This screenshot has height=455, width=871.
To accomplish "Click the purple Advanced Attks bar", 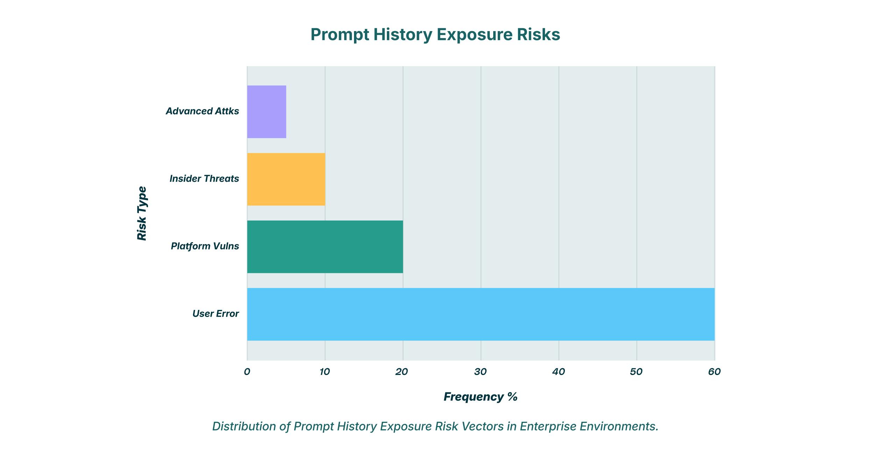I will pyautogui.click(x=267, y=112).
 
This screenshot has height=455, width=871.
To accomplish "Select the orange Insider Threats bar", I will pyautogui.click(x=286, y=179).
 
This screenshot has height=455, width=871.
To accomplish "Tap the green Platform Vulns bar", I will pyautogui.click(x=325, y=247).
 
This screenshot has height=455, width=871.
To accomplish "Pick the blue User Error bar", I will pyautogui.click(x=481, y=314).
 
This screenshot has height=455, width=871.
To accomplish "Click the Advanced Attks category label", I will pyautogui.click(x=202, y=111).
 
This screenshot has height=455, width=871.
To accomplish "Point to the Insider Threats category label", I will pyautogui.click(x=204, y=179).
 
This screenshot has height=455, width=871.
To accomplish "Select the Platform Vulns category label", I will pyautogui.click(x=205, y=246).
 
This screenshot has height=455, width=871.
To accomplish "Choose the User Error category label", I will pyautogui.click(x=215, y=313).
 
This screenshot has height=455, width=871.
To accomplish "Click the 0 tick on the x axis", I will pyautogui.click(x=247, y=372).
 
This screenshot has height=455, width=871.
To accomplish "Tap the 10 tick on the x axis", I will pyautogui.click(x=325, y=372).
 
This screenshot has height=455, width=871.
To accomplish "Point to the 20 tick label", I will pyautogui.click(x=402, y=372).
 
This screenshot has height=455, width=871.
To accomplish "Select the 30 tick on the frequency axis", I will pyautogui.click(x=481, y=372).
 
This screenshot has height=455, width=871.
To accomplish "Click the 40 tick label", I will pyautogui.click(x=559, y=372).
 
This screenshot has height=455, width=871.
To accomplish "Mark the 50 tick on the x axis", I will pyautogui.click(x=636, y=372).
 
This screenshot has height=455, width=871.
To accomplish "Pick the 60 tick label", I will pyautogui.click(x=714, y=372).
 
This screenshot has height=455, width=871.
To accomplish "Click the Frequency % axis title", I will pyautogui.click(x=480, y=397).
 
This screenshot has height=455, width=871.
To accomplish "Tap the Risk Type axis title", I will pyautogui.click(x=142, y=213).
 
